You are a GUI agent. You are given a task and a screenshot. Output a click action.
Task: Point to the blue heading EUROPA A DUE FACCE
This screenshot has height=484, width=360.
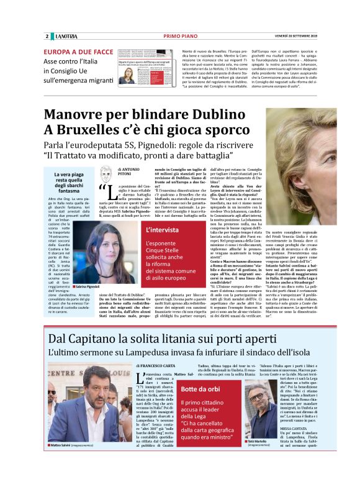tap(78, 53)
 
